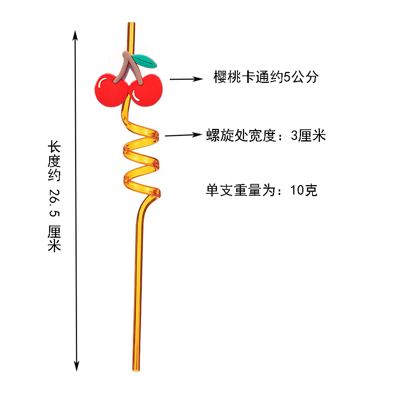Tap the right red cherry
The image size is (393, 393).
[146, 91]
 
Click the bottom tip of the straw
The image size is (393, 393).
[135, 369]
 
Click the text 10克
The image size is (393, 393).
[304, 191]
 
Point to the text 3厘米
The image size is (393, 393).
[309, 136]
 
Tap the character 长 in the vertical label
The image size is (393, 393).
[54, 149]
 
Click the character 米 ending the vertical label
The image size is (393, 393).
[54, 246]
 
